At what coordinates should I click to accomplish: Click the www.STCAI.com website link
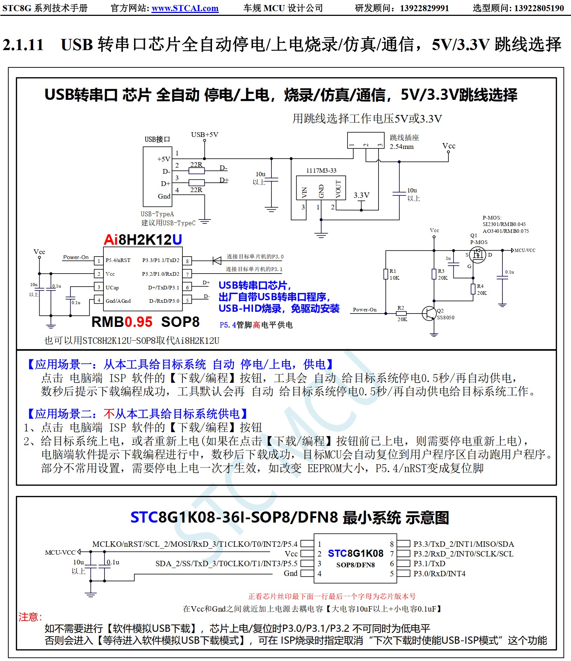tap(185, 8)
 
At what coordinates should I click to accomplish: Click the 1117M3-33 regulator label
tap(321, 170)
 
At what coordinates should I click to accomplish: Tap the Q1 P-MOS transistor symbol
tap(478, 255)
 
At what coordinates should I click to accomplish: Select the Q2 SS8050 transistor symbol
tap(429, 313)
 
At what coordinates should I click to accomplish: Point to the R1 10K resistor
tap(386, 274)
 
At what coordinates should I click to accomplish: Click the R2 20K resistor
tap(401, 314)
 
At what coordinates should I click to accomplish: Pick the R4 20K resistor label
tap(482, 289)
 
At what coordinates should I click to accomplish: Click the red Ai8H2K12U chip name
tap(143, 240)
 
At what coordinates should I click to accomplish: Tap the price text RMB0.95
tap(122, 322)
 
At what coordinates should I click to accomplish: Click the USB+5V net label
tap(204, 135)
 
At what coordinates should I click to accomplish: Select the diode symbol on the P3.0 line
tap(217, 260)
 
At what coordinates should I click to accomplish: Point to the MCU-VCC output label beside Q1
tap(524, 250)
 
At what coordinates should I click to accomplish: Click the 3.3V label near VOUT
tap(361, 195)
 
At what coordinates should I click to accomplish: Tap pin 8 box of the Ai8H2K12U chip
tap(187, 261)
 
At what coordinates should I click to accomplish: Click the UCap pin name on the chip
tap(112, 288)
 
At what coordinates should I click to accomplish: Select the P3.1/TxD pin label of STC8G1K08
tap(429, 563)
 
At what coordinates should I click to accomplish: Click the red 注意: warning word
tap(30, 617)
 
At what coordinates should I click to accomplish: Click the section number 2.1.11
tap(23, 45)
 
